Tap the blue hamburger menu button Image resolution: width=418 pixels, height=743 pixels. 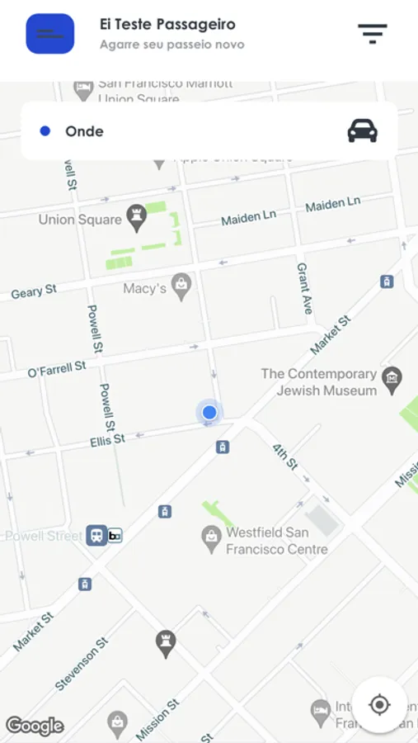(50, 34)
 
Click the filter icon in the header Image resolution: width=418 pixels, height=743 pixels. (372, 34)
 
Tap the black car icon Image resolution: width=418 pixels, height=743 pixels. (362, 130)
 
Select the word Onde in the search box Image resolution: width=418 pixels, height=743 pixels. (84, 131)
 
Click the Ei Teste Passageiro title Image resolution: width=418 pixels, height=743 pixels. (167, 25)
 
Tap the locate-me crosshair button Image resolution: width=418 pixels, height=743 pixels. (379, 704)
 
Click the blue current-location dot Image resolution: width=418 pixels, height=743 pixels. (209, 412)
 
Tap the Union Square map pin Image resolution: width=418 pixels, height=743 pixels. (136, 218)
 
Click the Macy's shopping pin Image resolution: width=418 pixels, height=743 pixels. (181, 286)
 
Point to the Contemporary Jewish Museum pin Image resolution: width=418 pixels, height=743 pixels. (392, 378)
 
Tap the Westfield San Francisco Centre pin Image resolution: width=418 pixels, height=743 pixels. (212, 537)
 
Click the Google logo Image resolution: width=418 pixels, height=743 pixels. (35, 726)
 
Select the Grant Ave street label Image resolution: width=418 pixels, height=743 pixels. (304, 288)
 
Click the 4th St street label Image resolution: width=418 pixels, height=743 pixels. (284, 457)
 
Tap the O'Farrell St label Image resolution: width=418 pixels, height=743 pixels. (57, 368)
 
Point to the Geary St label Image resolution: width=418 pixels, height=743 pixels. (34, 291)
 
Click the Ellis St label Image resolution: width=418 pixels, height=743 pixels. (107, 441)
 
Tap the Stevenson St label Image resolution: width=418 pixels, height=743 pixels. (82, 664)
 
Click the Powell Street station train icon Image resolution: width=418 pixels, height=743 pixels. (96, 536)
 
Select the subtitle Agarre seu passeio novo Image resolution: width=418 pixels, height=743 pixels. (171, 45)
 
